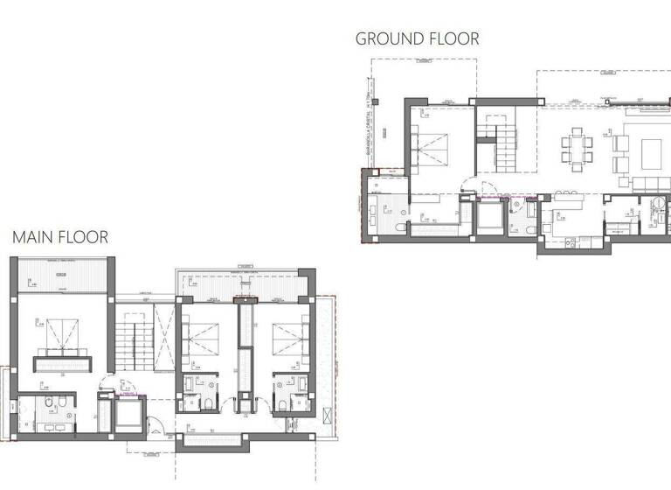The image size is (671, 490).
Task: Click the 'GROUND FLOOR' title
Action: [417, 38]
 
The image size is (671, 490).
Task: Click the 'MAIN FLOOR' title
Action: [60, 236]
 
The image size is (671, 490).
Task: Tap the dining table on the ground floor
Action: [577, 146]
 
